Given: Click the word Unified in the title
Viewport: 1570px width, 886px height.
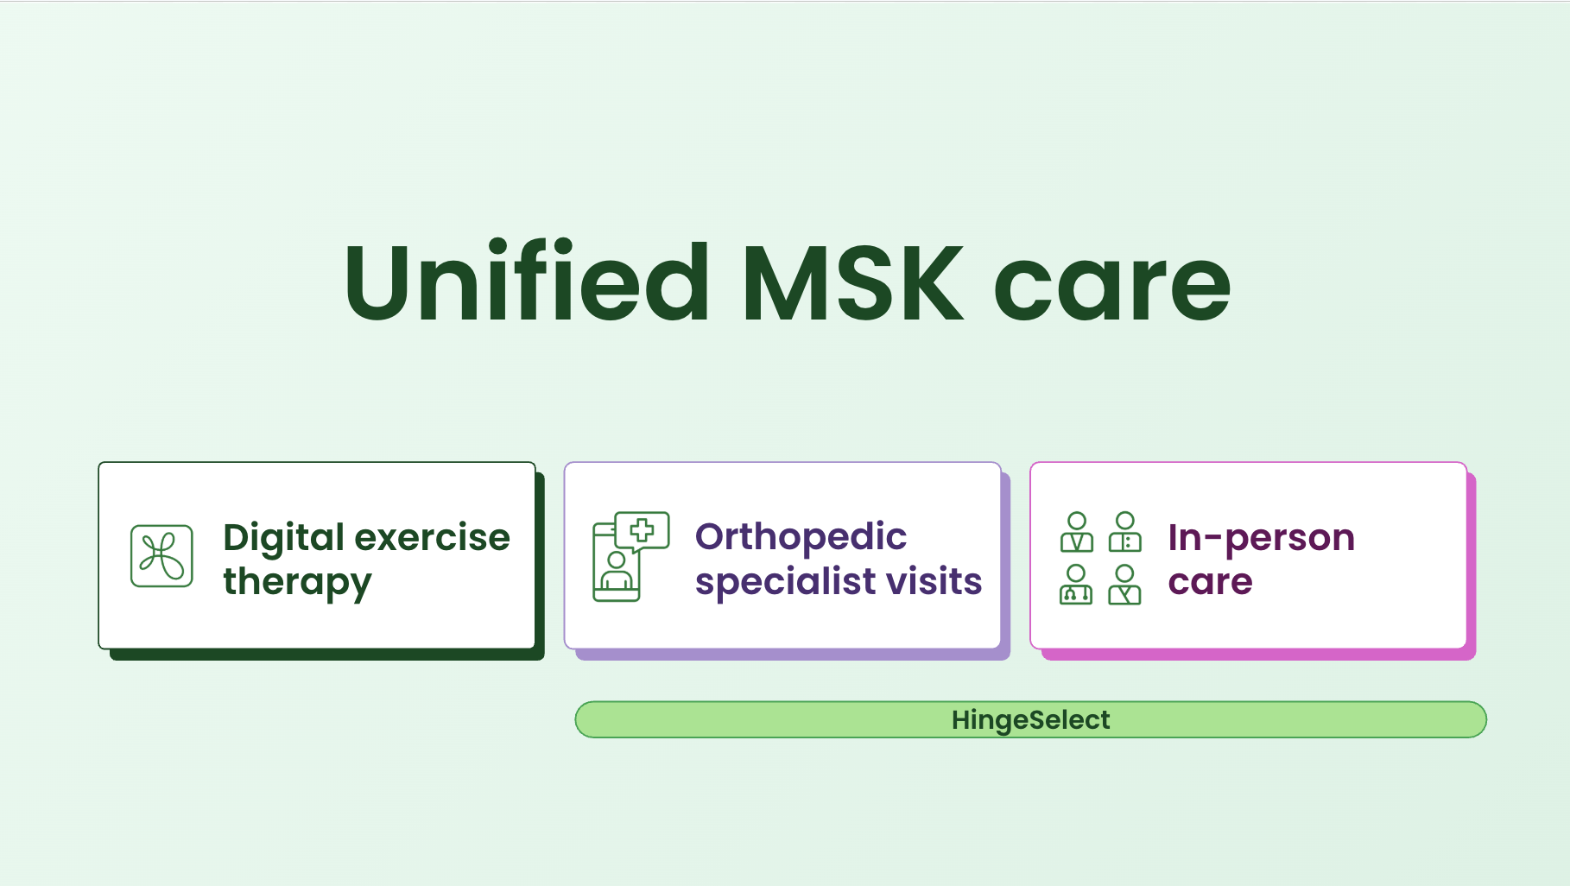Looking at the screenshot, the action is (527, 282).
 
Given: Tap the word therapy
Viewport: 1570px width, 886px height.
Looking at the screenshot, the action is (297, 583).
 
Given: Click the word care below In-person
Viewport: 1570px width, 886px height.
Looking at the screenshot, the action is (1210, 583).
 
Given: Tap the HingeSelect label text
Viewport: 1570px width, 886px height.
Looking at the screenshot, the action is (1030, 720).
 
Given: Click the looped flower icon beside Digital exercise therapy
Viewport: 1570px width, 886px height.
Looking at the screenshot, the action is (161, 556).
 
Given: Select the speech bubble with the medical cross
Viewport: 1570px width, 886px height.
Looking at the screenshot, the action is (642, 530).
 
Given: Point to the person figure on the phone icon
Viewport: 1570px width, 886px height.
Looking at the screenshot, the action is (617, 571).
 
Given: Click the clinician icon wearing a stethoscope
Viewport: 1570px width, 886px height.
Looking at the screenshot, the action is (1076, 585).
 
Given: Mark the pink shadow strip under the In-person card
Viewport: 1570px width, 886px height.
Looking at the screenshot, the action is (1258, 655).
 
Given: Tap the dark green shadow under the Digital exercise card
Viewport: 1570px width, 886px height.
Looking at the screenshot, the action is (326, 655).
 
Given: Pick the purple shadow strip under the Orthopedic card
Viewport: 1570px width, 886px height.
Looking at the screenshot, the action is (792, 655).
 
